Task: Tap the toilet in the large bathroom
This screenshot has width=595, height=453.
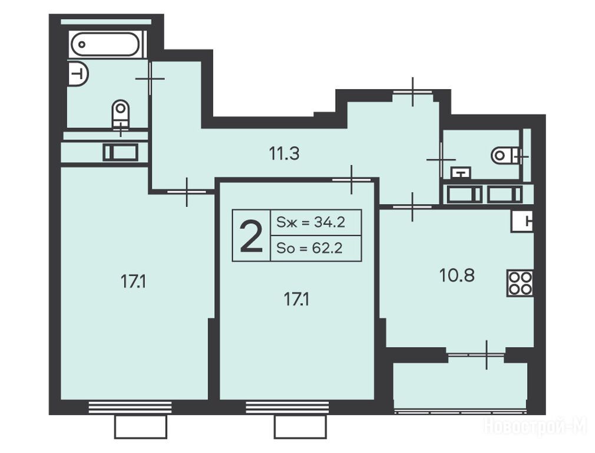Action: click(x=121, y=113)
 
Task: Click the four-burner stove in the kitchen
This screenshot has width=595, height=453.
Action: click(x=520, y=283)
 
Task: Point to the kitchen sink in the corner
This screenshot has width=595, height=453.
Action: click(x=523, y=221)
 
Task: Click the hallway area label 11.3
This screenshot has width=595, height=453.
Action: click(x=284, y=154)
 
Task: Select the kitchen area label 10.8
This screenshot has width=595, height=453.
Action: click(x=457, y=275)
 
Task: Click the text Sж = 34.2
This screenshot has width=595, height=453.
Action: click(x=311, y=222)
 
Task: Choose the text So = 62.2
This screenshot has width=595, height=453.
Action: click(x=310, y=248)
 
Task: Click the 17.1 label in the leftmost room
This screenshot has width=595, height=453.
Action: click(x=134, y=282)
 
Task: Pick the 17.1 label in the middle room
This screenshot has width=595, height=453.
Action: click(x=296, y=300)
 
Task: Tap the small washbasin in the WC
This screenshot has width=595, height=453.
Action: click(x=461, y=173)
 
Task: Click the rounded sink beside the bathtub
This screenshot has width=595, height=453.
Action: click(x=78, y=73)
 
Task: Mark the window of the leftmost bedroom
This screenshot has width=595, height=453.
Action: click(x=130, y=407)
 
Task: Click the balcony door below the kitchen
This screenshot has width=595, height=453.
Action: click(x=476, y=355)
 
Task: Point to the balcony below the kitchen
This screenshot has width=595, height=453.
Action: click(x=460, y=386)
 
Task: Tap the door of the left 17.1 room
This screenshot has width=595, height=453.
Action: click(x=187, y=192)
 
